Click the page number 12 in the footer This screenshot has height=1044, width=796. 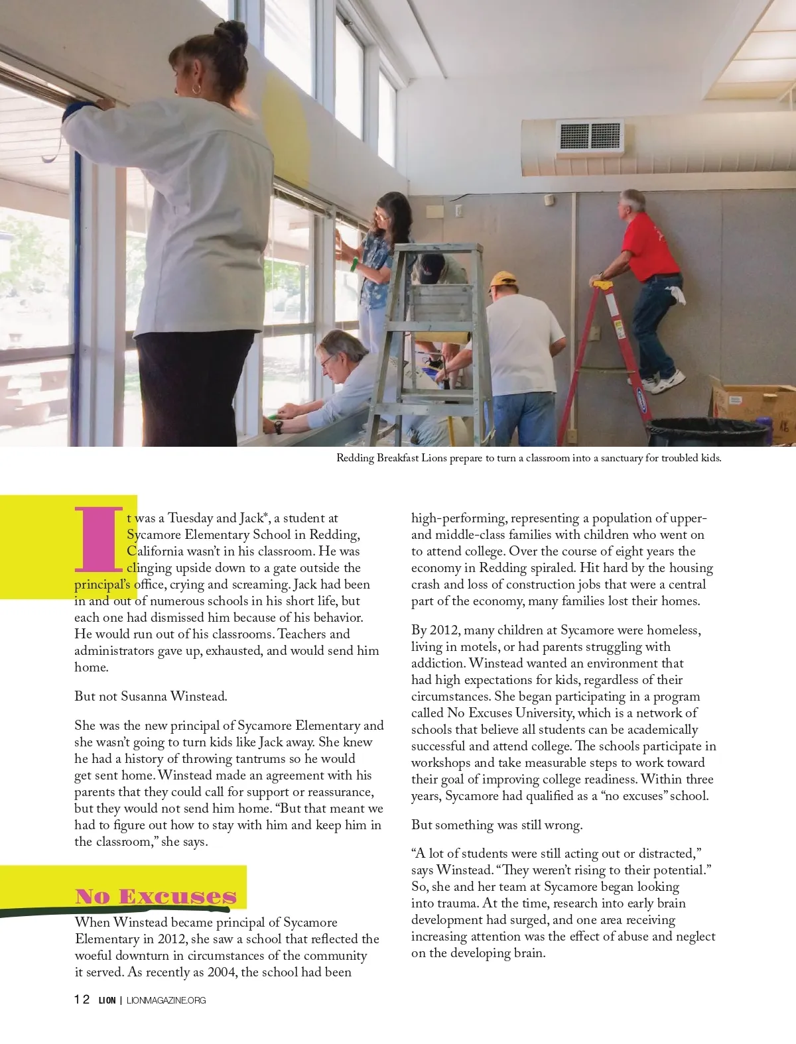pos(82,1000)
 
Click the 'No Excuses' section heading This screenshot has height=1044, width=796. pos(155,896)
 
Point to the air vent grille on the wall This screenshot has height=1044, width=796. pos(590,136)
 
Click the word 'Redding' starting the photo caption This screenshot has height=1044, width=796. pos(355,458)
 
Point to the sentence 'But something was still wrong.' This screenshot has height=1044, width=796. pos(496,825)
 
